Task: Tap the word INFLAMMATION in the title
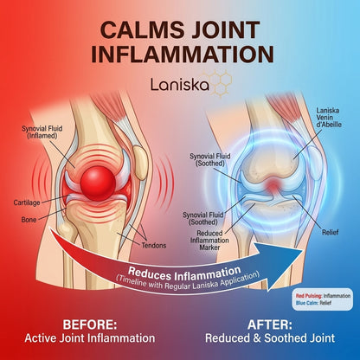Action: (183, 55)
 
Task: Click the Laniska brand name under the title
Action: (180, 85)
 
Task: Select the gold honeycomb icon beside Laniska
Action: (220, 83)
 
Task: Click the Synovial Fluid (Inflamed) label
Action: (42, 132)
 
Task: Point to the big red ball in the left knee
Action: (98, 183)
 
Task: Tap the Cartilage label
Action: (27, 202)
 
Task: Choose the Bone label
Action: (29, 220)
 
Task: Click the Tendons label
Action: (154, 246)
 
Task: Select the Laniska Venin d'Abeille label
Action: (329, 118)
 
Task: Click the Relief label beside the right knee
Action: (330, 232)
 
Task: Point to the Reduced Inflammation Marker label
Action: (209, 241)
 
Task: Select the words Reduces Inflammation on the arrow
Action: (184, 273)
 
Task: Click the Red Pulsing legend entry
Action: (323, 296)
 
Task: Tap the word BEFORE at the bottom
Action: (90, 325)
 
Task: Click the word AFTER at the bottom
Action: (270, 325)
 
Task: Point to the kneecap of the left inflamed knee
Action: (141, 163)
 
